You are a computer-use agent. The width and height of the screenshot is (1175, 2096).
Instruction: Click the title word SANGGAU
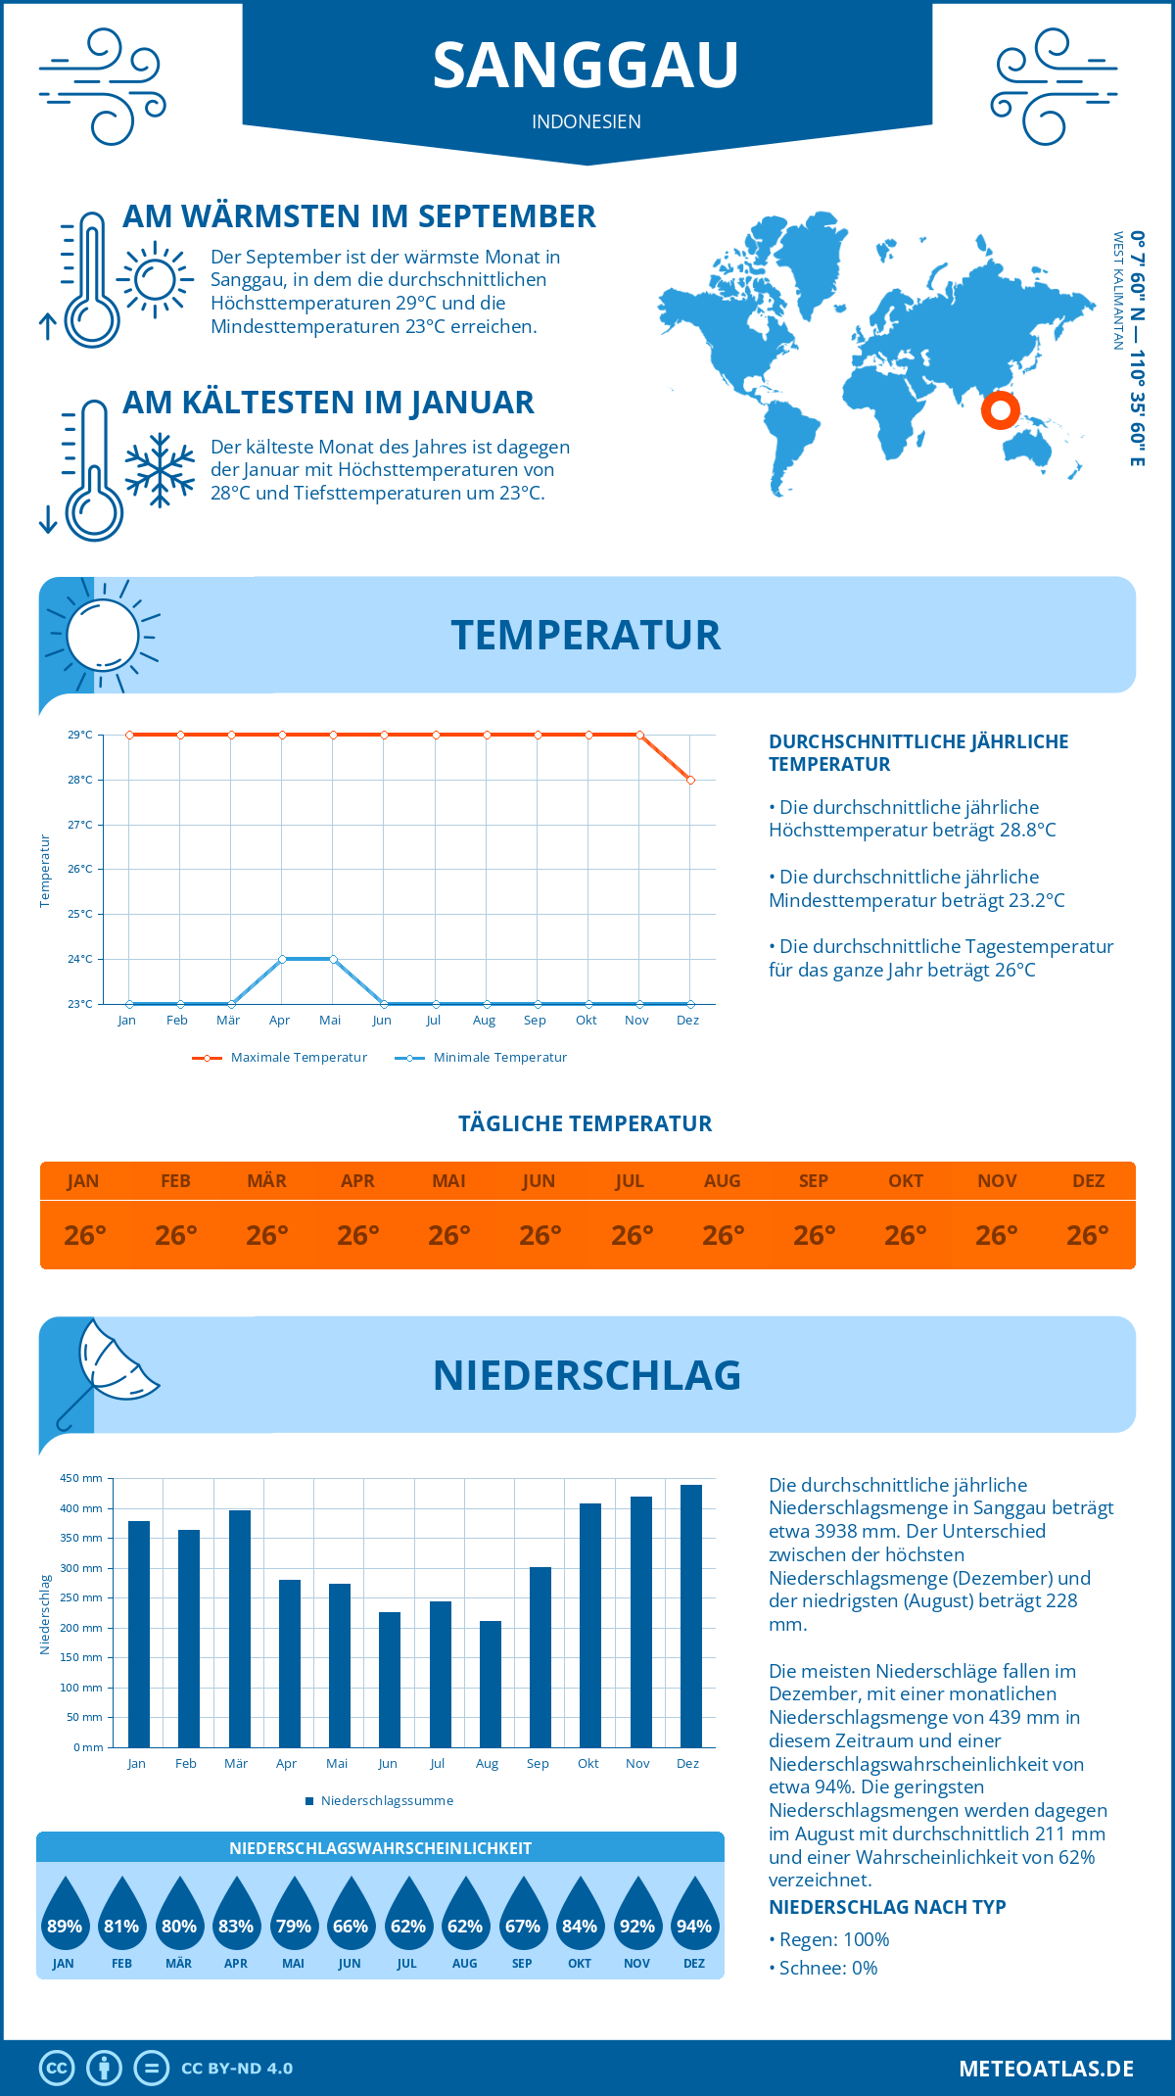(x=586, y=66)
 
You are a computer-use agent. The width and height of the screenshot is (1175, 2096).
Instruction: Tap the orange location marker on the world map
(x=1000, y=409)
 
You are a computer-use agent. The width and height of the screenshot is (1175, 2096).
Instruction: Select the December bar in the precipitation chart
(x=691, y=1616)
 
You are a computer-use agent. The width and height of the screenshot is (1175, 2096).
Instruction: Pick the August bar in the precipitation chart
(x=491, y=1684)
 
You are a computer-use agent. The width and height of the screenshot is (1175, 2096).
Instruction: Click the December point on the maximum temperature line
(x=691, y=781)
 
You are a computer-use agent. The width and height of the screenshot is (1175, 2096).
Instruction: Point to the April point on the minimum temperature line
(x=282, y=959)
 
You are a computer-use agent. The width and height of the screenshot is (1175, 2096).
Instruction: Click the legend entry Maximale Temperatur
(x=280, y=1058)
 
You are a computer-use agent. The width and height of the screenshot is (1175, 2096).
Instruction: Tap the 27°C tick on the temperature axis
(x=80, y=825)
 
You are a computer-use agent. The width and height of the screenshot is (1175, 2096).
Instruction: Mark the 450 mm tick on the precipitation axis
(x=82, y=1478)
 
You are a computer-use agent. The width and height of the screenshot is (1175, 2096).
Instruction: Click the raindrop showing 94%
(x=694, y=1919)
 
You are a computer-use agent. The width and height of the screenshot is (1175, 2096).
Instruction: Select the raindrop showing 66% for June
(x=350, y=1919)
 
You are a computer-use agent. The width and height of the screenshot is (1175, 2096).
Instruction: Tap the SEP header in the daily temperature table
(x=814, y=1181)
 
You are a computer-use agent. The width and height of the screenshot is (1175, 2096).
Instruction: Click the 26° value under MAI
(x=449, y=1236)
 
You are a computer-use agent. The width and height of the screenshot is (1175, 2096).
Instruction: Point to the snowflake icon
(x=160, y=470)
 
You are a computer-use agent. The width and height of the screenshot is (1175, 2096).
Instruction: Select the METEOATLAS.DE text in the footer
(x=1046, y=2069)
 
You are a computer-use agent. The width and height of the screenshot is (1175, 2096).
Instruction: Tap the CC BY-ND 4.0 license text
(x=237, y=2069)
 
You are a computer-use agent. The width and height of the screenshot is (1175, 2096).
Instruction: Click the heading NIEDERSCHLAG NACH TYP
(x=887, y=1907)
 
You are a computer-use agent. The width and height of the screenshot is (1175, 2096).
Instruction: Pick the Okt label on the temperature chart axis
(x=586, y=1021)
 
